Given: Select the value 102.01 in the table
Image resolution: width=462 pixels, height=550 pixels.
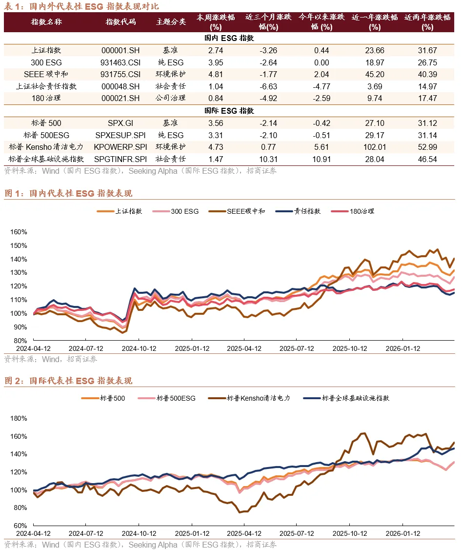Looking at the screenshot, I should [374, 147].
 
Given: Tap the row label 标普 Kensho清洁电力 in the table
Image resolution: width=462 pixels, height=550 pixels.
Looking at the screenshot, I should [46, 147].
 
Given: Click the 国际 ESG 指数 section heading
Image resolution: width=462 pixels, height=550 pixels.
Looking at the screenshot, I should [229, 111].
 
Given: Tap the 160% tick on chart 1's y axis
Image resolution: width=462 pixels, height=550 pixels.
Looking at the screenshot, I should [18, 232].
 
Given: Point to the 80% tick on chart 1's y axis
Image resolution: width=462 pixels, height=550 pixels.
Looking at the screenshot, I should [20, 341].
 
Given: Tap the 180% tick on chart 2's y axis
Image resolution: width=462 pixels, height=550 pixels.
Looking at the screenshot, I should [18, 418].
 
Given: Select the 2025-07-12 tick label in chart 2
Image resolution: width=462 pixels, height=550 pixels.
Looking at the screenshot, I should [296, 534].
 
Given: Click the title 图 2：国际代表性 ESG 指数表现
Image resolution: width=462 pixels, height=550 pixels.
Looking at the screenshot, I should [68, 381].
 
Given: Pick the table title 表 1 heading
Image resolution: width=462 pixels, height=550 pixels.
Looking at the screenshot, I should [81, 6].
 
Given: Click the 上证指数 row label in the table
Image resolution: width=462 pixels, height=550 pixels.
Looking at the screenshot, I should [46, 50].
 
